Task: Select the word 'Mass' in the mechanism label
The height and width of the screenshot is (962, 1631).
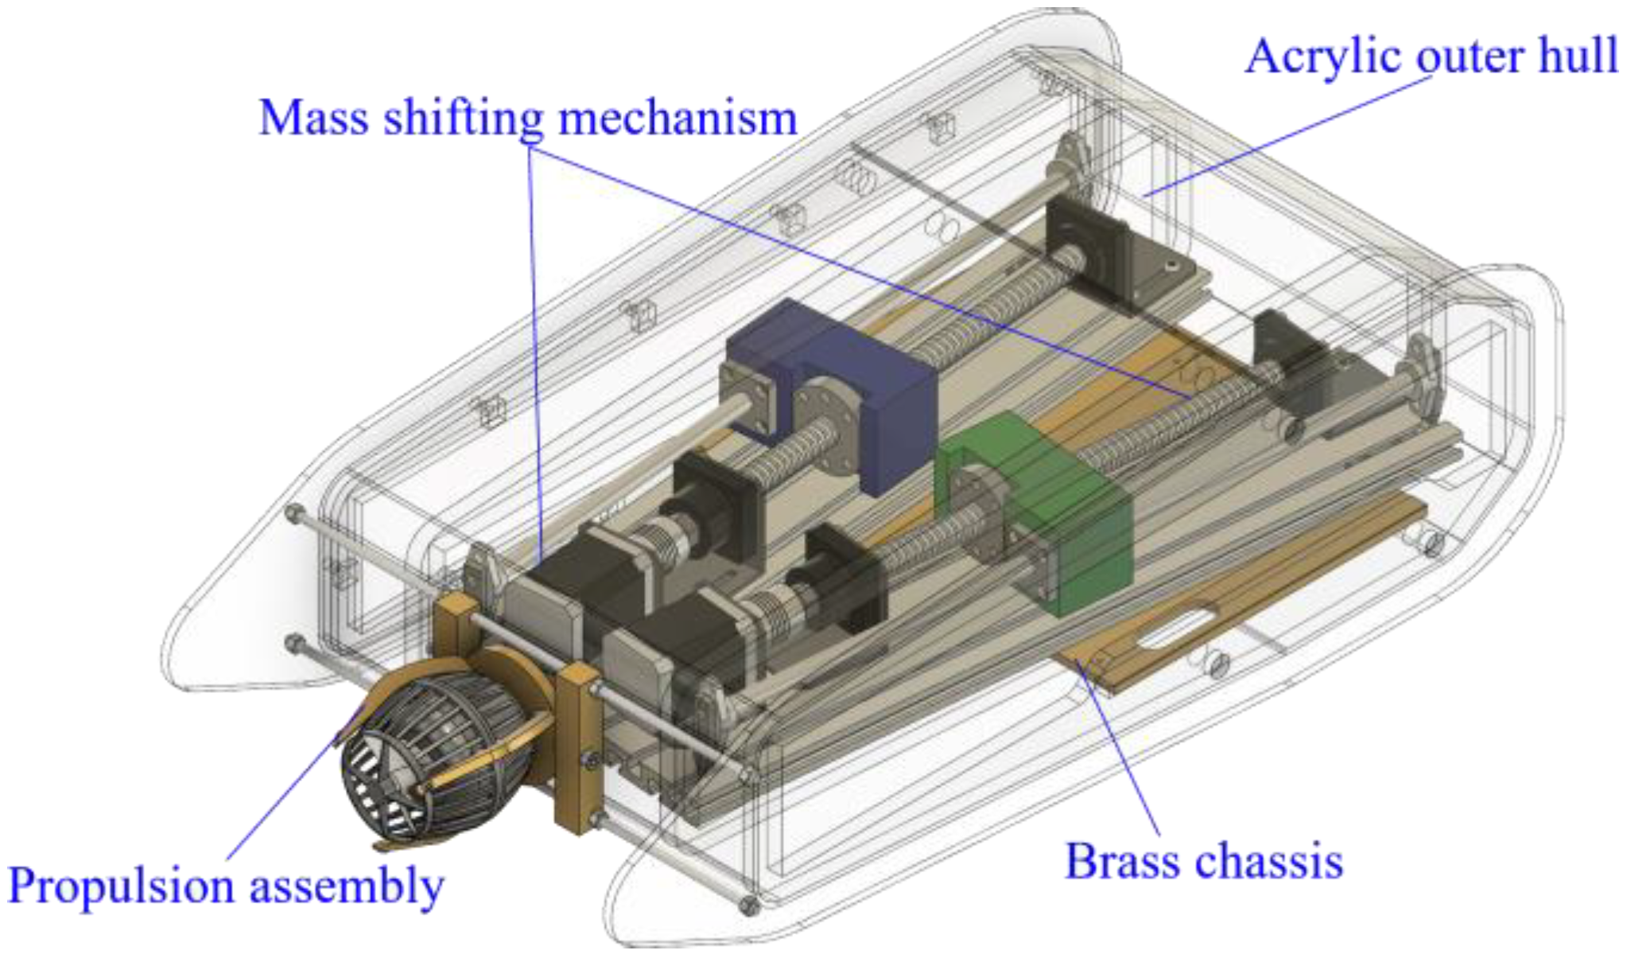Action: click(x=314, y=118)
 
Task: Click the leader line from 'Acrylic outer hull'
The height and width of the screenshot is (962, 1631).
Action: click(x=1288, y=135)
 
